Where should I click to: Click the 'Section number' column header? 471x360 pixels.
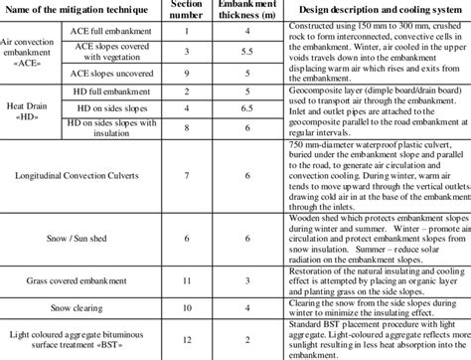tap(189, 16)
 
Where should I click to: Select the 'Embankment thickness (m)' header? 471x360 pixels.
tap(243, 16)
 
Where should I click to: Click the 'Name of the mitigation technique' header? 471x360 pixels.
tap(78, 10)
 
